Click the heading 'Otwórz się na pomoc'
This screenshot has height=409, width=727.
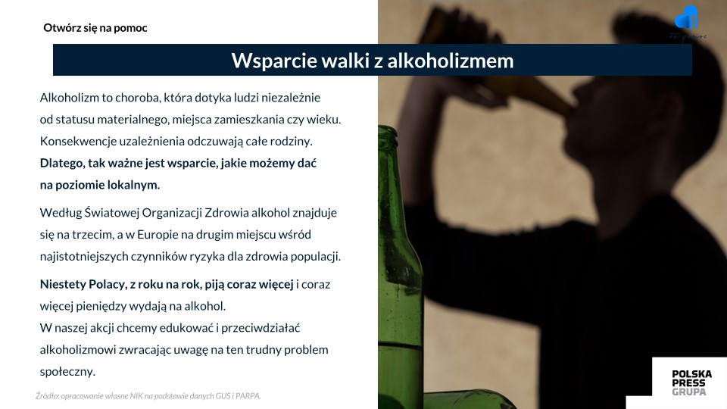click(95, 28)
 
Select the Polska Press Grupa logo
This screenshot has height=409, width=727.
click(691, 382)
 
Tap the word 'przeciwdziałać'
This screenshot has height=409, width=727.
click(261, 328)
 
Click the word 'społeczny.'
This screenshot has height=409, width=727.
click(67, 372)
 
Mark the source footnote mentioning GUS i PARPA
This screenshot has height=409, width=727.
click(148, 396)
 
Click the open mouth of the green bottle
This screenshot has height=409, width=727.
click(388, 129)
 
